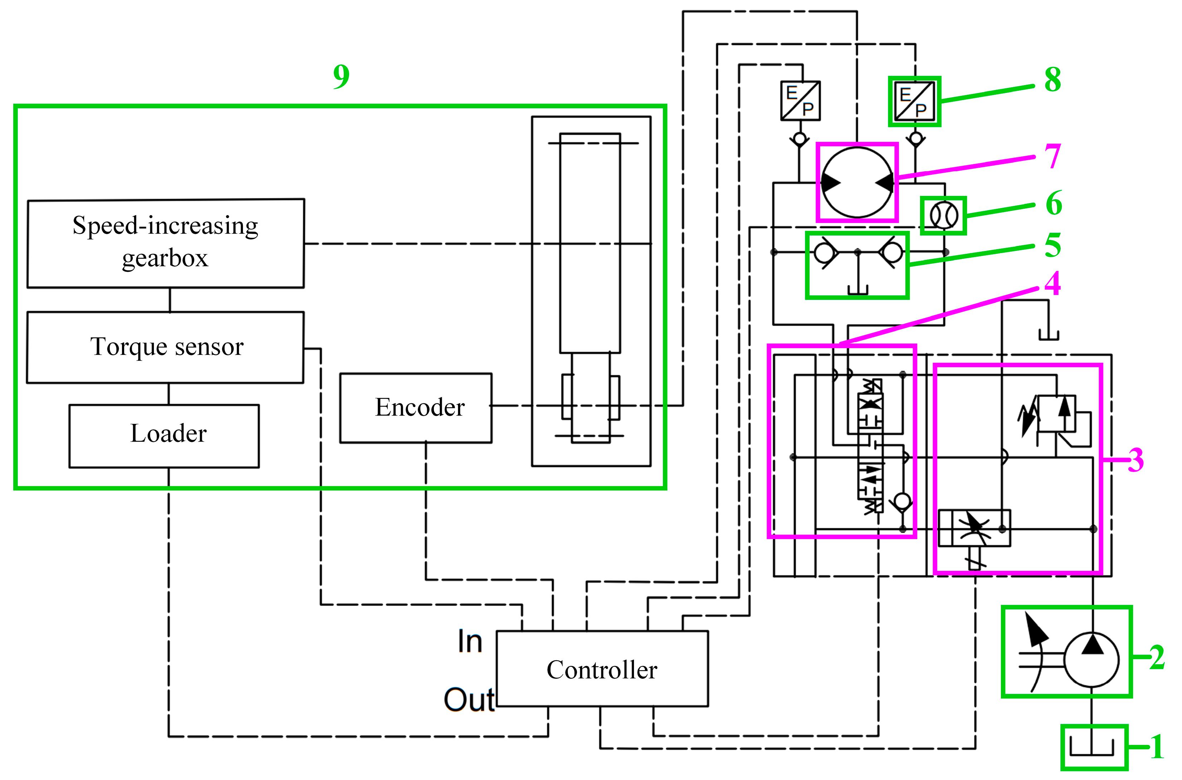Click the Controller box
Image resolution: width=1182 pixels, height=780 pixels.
[x=602, y=669]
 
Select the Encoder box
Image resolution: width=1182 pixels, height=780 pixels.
[x=416, y=408]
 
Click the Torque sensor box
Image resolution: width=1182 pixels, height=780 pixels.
[x=165, y=347]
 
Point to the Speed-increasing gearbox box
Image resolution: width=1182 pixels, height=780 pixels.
[x=165, y=243]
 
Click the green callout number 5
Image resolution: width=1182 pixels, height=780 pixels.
[x=1052, y=245]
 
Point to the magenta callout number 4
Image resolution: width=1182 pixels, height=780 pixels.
[x=1052, y=283]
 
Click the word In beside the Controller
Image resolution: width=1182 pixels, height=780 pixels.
[x=470, y=641]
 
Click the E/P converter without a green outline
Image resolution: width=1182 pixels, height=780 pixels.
[x=800, y=101]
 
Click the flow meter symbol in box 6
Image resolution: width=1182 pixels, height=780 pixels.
[x=944, y=216]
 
